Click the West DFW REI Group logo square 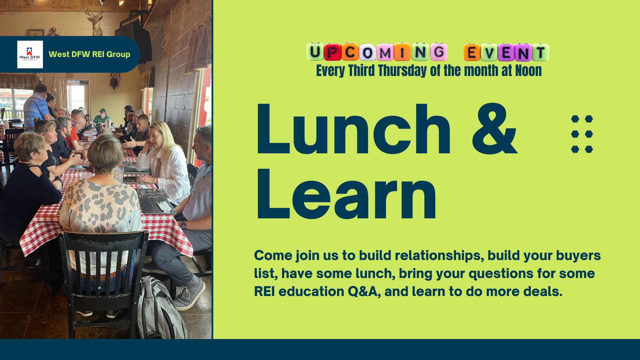[x=30, y=54]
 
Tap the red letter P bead [x=332, y=52]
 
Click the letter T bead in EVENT [x=540, y=52]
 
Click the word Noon [x=528, y=71]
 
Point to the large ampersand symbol [x=495, y=129]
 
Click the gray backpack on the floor [x=160, y=308]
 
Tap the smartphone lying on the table [x=164, y=206]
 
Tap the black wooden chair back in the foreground [x=102, y=267]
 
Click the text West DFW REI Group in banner [x=89, y=54]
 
